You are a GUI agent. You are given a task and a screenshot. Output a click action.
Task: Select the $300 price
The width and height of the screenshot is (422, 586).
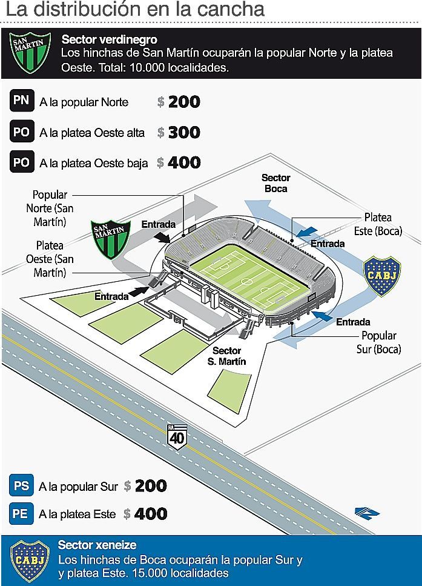click(179, 133)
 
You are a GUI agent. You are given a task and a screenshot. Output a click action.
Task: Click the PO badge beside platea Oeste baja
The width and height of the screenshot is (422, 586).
click(22, 162)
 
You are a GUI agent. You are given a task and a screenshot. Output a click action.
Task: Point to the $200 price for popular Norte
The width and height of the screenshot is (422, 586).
click(179, 102)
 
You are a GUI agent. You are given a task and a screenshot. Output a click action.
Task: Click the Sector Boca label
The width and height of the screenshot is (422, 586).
click(275, 183)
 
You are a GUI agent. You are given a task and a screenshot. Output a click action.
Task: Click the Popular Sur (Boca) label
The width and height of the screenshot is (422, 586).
click(378, 342)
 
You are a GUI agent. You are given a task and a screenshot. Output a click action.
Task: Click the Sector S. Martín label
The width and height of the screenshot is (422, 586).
click(227, 356)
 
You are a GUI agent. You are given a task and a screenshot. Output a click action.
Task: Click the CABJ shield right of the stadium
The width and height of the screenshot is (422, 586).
click(381, 276)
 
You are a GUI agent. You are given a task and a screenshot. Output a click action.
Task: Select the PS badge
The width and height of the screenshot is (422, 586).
click(21, 486)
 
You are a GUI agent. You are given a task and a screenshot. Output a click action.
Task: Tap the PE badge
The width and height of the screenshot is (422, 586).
click(21, 514)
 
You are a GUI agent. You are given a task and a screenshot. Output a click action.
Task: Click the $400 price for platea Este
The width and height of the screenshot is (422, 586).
click(145, 514)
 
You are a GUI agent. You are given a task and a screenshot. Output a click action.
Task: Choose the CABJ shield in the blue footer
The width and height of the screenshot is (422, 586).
click(30, 560)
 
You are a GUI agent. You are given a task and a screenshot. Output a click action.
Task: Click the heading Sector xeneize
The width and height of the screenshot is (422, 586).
click(97, 545)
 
